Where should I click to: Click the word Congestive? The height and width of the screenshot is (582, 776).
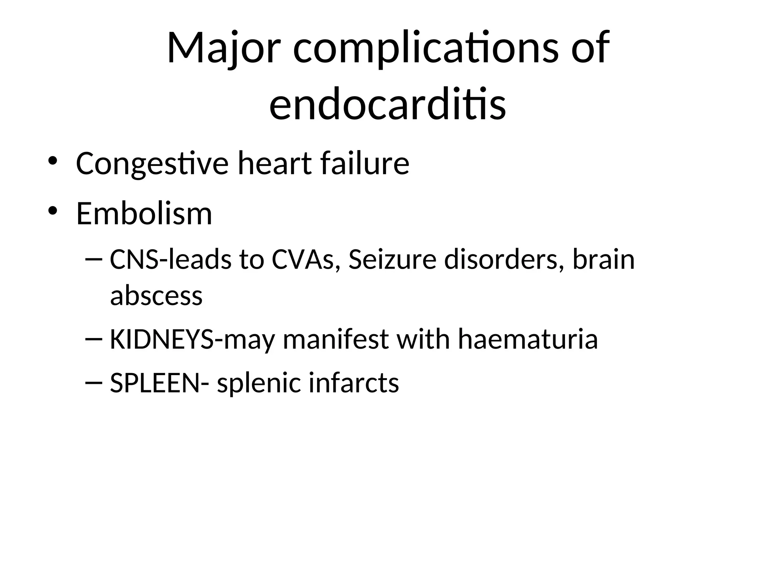coord(152,164)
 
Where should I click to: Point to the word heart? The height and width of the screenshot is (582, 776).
coord(275,164)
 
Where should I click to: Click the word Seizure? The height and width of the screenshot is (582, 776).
coord(392,260)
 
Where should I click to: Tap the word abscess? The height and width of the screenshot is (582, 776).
coord(156,296)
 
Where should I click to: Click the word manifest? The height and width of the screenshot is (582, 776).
coord(336,339)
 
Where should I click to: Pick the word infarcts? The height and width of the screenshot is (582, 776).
coord(354,383)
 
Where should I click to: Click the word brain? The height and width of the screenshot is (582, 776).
coord(603,260)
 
